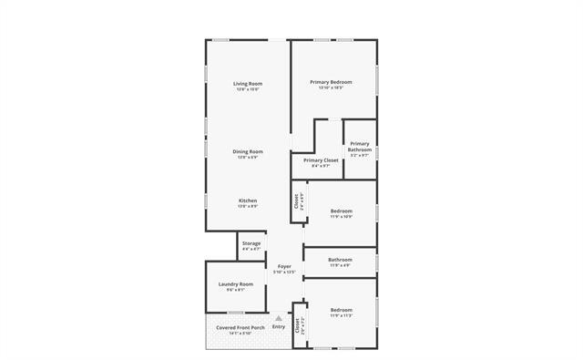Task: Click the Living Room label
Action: (x=248, y=83)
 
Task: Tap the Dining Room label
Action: (x=248, y=151)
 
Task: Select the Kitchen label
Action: (x=248, y=201)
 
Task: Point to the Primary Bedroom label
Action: (x=331, y=82)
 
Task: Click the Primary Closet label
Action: (x=321, y=159)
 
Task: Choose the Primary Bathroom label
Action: (x=360, y=146)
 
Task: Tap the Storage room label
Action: (x=251, y=243)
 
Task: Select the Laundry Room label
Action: (x=235, y=284)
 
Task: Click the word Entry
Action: (x=278, y=326)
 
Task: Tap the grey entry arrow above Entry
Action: (x=278, y=317)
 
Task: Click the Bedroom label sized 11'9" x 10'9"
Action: (x=342, y=211)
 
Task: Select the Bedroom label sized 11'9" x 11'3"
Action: (x=342, y=310)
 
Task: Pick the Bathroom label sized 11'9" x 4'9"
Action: (x=341, y=259)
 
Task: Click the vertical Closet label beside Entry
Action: (x=296, y=325)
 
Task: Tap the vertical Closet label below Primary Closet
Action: (x=296, y=201)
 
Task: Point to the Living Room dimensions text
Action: (x=248, y=89)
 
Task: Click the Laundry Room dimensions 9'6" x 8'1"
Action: (x=235, y=291)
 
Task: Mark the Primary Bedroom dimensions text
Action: (x=331, y=88)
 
